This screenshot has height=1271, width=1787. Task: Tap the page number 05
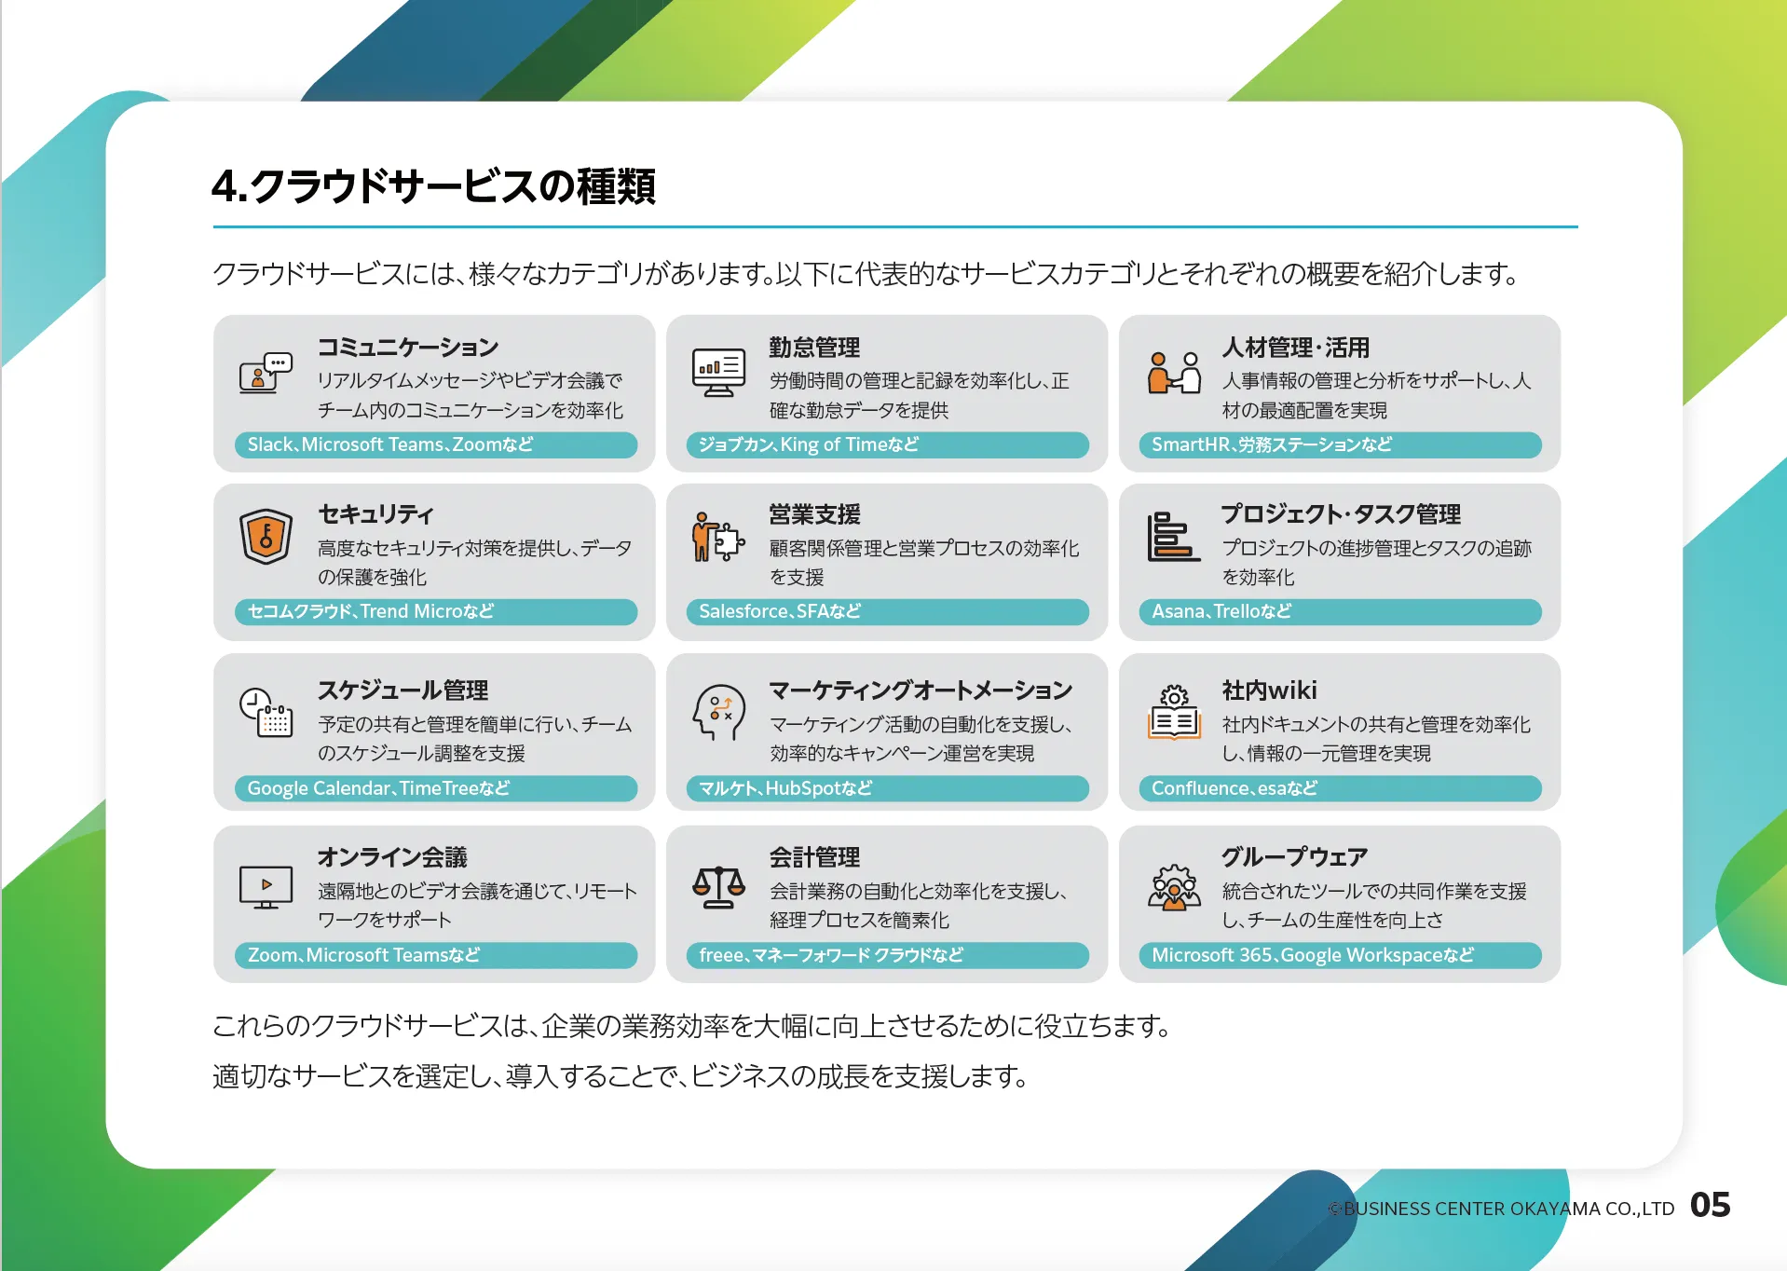point(1710,1205)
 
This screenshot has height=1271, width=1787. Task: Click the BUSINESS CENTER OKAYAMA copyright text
point(1501,1209)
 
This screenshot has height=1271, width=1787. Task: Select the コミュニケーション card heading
point(408,348)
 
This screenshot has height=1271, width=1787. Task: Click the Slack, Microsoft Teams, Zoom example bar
point(436,444)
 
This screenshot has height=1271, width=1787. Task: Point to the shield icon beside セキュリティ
point(266,537)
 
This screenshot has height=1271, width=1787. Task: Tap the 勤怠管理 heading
point(814,348)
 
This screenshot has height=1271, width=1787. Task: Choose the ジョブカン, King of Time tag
point(887,444)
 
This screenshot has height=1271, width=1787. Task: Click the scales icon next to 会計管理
point(718,887)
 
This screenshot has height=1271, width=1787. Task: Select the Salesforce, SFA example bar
point(887,611)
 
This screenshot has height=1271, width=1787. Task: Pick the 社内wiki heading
point(1269,690)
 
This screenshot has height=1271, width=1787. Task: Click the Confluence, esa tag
point(1340,788)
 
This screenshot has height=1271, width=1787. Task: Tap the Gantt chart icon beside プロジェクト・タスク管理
point(1173,536)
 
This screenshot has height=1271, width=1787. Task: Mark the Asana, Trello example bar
point(1340,611)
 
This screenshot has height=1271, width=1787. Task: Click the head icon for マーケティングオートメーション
point(718,712)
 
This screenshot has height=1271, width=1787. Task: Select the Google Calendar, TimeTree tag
point(436,788)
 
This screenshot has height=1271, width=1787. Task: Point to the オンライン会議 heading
point(392,857)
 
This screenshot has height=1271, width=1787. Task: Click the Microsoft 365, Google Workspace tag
point(1340,955)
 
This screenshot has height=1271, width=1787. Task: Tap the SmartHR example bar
point(1340,444)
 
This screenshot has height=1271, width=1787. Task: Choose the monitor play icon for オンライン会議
point(266,887)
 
